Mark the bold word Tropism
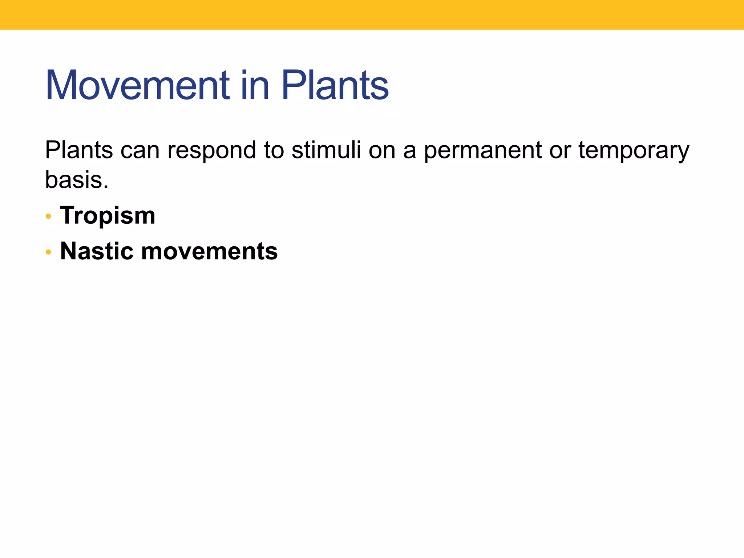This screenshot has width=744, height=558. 108,215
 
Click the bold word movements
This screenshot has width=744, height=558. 209,251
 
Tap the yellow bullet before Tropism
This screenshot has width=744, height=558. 48,217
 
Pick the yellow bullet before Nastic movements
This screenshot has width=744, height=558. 48,252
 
